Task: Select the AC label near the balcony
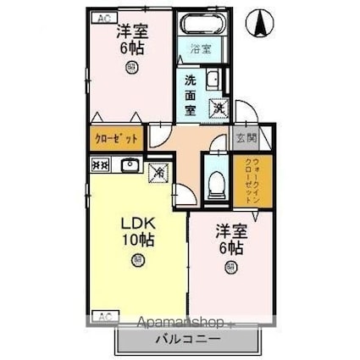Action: pyautogui.click(x=102, y=317)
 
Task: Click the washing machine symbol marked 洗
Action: pyautogui.click(x=219, y=108)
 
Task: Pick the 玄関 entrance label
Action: pyautogui.click(x=244, y=138)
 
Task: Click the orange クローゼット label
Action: pyautogui.click(x=112, y=138)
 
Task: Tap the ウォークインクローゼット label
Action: pyautogui.click(x=259, y=176)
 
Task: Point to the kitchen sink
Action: pyautogui.click(x=129, y=165)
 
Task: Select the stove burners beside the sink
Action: pyautogui.click(x=98, y=166)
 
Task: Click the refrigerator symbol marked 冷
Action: pyautogui.click(x=158, y=171)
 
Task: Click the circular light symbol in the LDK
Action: pyautogui.click(x=136, y=261)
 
